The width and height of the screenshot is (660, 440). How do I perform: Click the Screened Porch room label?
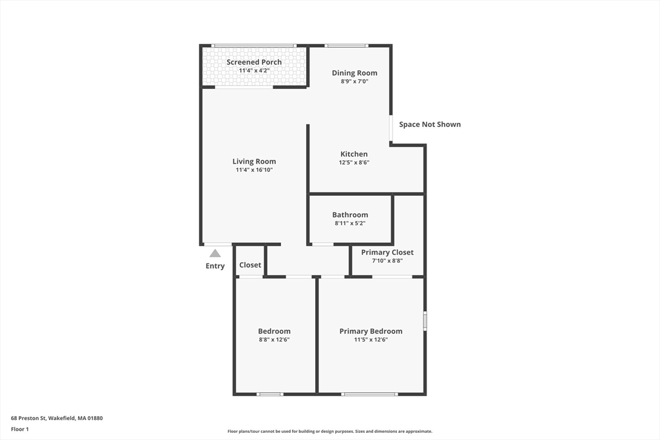pos(254,62)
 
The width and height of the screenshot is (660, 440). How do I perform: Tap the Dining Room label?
pos(354,73)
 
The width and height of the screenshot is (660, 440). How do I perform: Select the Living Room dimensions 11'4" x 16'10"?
pos(254,170)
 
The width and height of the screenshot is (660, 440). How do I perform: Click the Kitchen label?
pos(354,154)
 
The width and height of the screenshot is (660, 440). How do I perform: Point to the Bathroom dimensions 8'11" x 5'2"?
pos(350,224)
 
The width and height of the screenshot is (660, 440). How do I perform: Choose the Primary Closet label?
pos(387,252)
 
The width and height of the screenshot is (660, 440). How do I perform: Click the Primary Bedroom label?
pos(371,331)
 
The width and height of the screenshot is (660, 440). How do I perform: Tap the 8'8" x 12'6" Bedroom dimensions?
pos(274,340)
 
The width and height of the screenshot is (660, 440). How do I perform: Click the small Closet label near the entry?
pos(250,265)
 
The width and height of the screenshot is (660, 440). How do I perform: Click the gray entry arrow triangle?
pos(215,253)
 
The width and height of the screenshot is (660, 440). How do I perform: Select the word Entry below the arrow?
pos(215,266)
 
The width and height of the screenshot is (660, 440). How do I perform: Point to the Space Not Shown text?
pos(430,124)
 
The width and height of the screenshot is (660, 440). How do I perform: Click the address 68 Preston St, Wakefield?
pos(57,418)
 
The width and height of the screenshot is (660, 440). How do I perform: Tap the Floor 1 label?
pos(20,428)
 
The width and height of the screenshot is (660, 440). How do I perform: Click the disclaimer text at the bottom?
pos(329,432)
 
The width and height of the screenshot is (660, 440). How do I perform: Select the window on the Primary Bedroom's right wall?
pos(425,321)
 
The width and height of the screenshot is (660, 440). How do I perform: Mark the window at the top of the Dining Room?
pos(346,46)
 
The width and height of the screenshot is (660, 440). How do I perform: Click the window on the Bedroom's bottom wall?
pos(270,394)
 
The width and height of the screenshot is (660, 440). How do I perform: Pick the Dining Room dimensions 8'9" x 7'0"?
pos(354,82)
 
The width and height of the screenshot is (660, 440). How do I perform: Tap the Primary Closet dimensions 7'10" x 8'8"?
pos(387,261)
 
